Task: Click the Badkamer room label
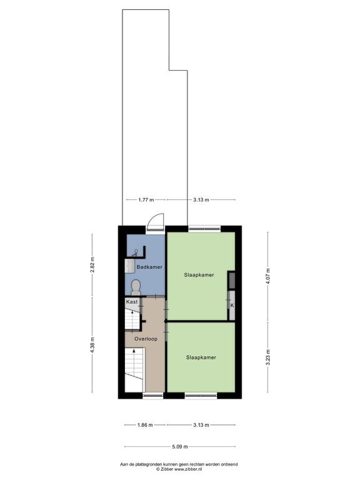coord(149,267)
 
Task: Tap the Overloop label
coord(146,339)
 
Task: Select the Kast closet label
coord(132,302)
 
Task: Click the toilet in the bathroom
coord(135,288)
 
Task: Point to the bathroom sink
coord(129,266)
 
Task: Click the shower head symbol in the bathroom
coord(135,252)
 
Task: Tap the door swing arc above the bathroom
coord(155,220)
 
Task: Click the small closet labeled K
coord(232,305)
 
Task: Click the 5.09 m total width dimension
coord(180,447)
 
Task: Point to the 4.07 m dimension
coord(268,276)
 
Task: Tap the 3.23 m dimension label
coord(268,357)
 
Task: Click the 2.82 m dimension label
coord(92,264)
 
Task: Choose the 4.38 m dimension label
coord(92,345)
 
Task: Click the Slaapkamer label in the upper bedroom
coord(199,275)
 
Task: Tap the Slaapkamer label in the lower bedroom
coord(201,357)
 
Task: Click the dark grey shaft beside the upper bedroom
coord(232,280)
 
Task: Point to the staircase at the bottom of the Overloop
coord(134,369)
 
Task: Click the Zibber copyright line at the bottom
coord(179,469)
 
